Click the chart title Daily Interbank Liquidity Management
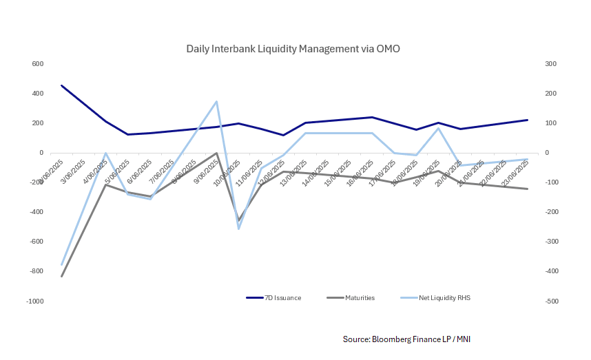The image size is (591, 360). [293, 50]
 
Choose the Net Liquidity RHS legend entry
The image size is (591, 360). [444, 298]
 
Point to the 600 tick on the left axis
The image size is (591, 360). [37, 64]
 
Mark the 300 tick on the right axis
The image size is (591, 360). [551, 64]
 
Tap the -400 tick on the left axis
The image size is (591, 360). [36, 212]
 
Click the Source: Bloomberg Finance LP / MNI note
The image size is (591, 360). [406, 339]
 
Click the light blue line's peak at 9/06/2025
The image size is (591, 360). [217, 101]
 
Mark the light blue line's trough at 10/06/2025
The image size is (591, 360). [239, 229]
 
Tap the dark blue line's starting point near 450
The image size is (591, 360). [61, 85]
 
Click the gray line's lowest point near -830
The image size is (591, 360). [61, 276]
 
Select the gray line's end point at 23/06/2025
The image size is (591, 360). [527, 189]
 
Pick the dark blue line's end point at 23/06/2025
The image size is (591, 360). [527, 120]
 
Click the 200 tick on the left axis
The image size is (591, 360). [37, 123]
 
